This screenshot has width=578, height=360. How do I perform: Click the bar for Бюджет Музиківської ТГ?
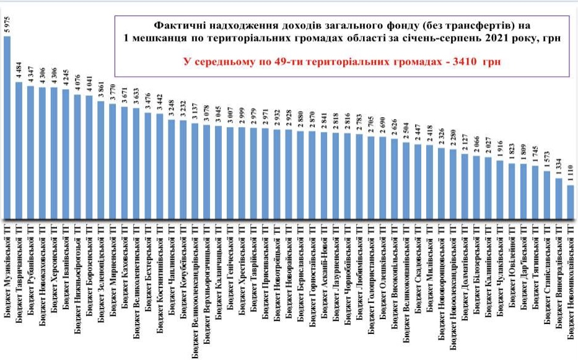pos(7,124)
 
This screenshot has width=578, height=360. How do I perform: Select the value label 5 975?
pos(7,26)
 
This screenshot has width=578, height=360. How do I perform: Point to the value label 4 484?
pos(19,72)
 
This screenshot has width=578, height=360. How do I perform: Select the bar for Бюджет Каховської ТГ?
pos(125,161)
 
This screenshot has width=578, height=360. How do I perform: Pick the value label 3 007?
pos(230,117)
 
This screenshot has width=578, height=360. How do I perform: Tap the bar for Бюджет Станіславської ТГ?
pos(546,192)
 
